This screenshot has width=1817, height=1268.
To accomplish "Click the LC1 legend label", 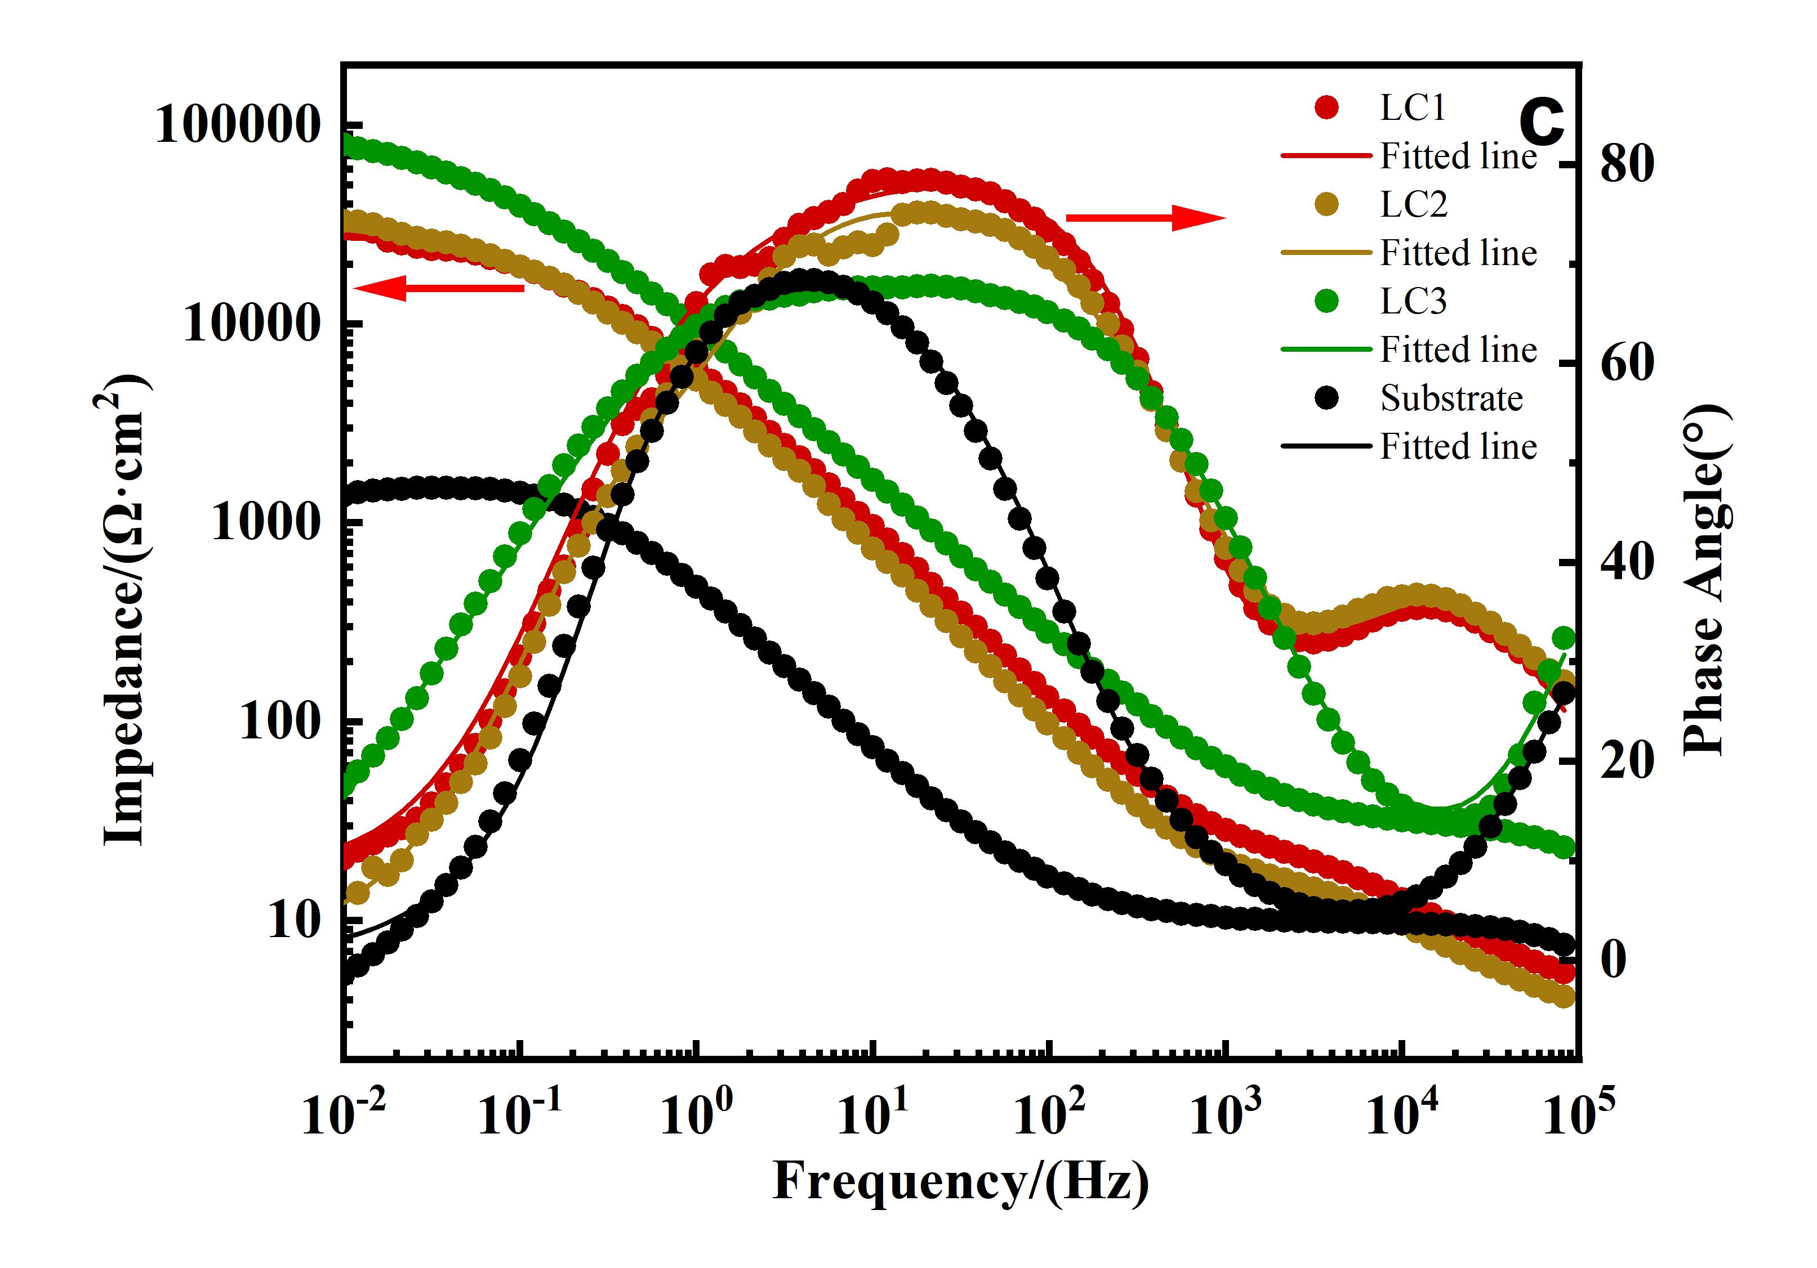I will click(x=1413, y=107).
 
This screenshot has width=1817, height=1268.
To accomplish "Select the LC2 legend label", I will click(x=1413, y=204).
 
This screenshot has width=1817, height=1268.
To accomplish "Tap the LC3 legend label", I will click(x=1413, y=301).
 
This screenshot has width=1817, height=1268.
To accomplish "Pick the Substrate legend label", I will click(x=1451, y=398).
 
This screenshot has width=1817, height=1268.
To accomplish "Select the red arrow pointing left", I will click(x=440, y=289).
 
